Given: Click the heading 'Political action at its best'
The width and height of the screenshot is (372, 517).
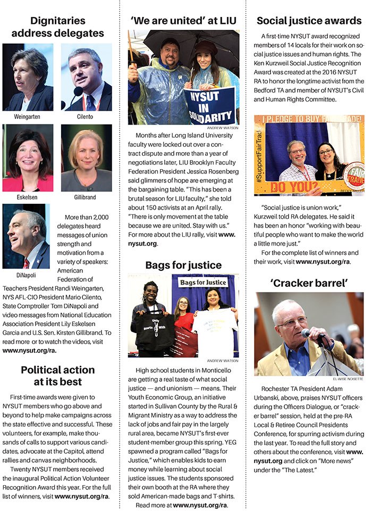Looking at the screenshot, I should coord(57,375).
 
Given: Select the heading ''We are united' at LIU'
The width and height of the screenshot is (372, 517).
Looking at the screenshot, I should coord(183,21).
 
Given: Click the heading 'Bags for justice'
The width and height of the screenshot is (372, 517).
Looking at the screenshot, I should coord(183,264).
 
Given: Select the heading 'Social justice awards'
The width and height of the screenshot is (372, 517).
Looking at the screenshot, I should coord(309,21).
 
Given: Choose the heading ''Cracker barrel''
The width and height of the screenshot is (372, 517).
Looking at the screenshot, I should coord(309,283).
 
